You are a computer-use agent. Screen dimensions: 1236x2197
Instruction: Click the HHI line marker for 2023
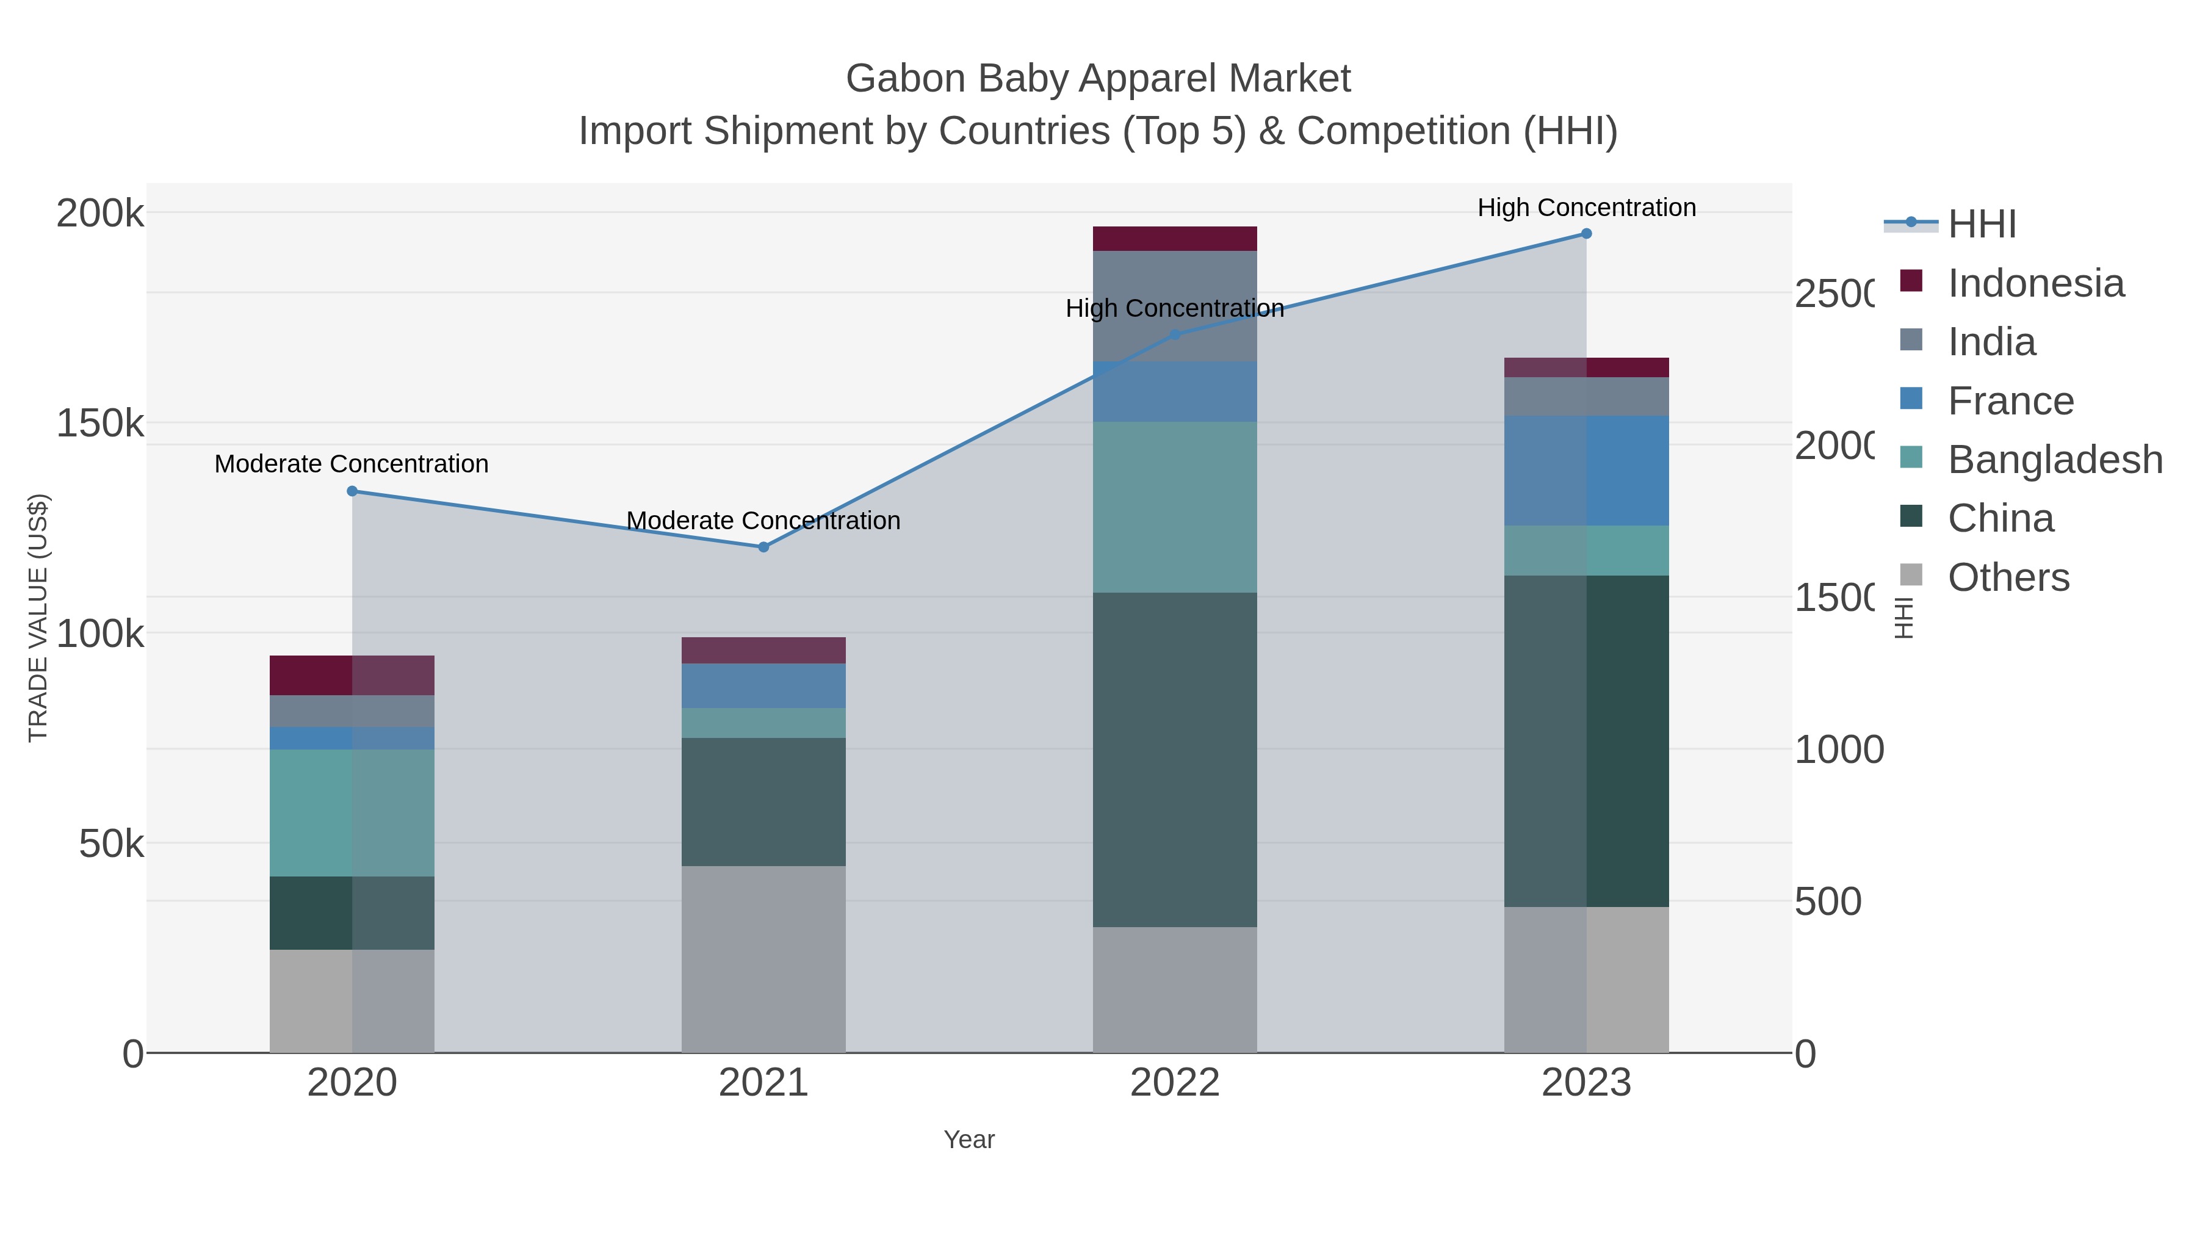point(1586,234)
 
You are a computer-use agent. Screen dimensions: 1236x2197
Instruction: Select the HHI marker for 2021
point(763,547)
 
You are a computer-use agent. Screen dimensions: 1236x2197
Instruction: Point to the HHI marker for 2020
point(352,491)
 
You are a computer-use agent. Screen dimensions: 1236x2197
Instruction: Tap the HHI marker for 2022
point(1174,334)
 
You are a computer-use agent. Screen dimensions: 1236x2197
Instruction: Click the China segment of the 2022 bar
point(1174,759)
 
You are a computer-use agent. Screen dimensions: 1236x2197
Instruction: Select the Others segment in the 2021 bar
point(763,959)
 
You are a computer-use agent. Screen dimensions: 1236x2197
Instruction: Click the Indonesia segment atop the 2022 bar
point(1174,239)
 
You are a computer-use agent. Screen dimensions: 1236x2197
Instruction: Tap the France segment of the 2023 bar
point(1586,470)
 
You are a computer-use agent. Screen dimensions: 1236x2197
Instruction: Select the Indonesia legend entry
point(2035,283)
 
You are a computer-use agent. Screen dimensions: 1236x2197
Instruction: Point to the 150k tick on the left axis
point(100,423)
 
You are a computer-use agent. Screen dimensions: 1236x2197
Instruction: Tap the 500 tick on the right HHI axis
point(1828,902)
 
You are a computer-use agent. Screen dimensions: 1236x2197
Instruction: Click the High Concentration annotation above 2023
point(1586,208)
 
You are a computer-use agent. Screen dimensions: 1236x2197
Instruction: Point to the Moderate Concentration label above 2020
point(352,464)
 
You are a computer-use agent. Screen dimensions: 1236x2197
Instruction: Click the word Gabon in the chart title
point(905,79)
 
